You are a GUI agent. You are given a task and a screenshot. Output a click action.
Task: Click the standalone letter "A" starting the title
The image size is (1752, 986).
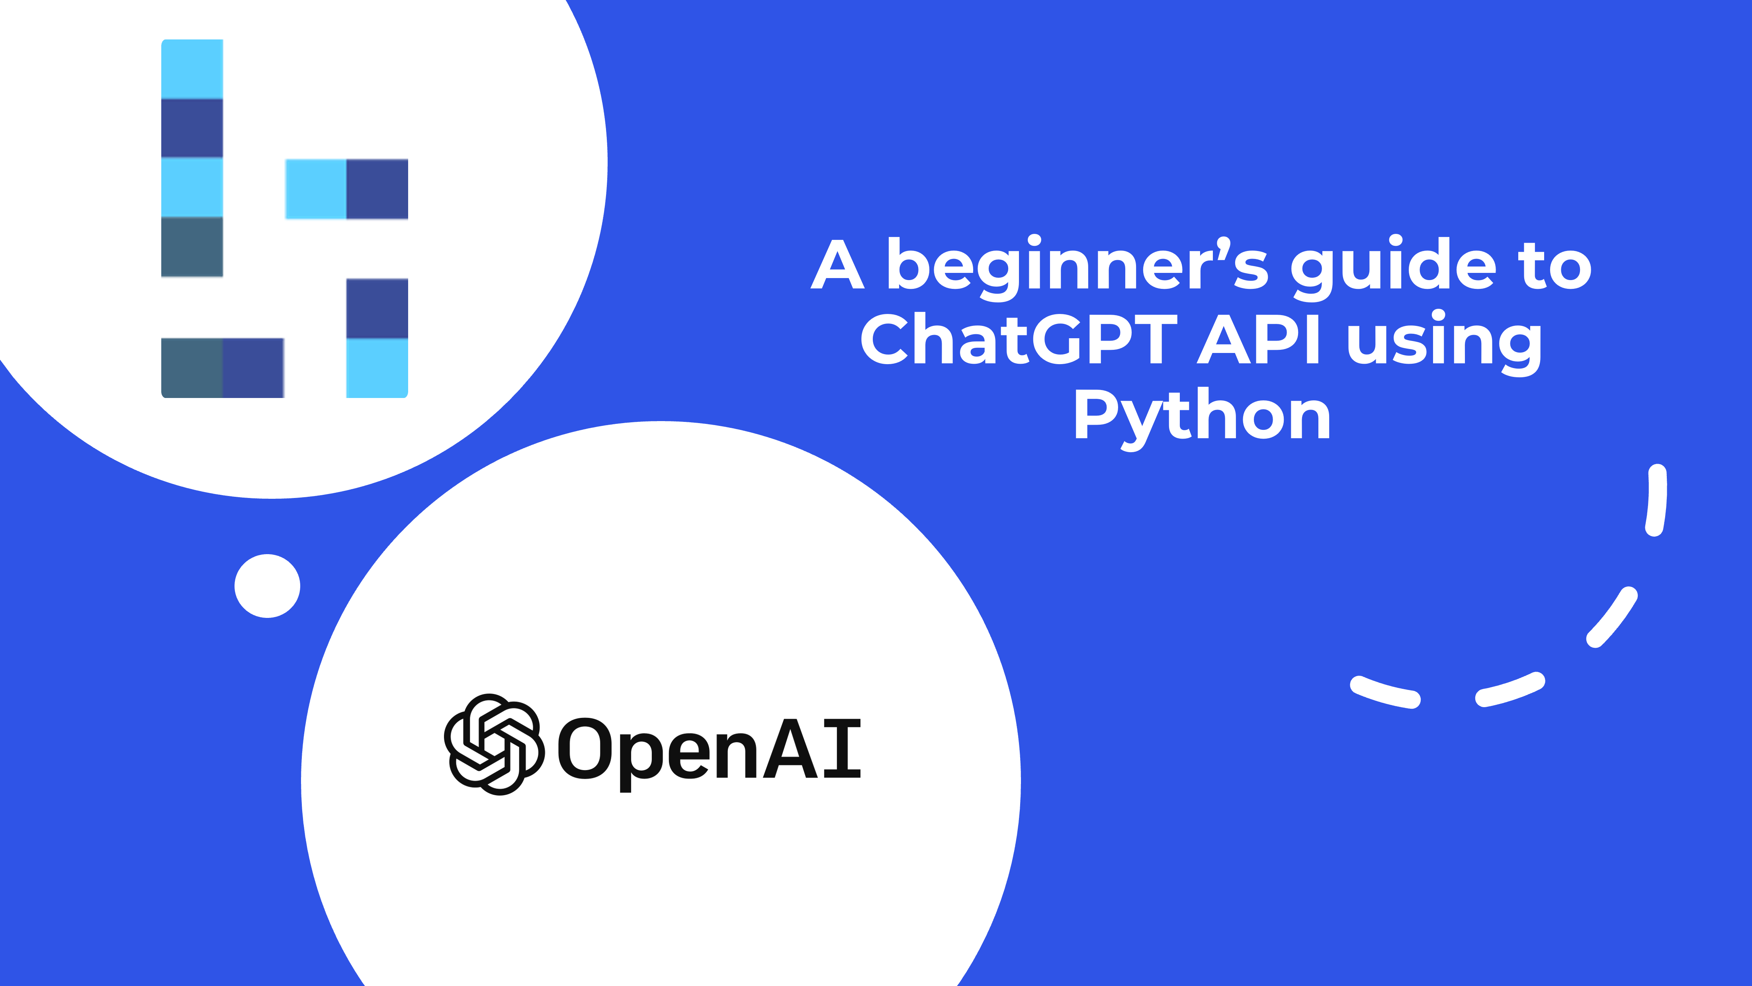click(838, 265)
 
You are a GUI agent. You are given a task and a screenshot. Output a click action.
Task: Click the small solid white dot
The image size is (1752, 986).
click(267, 586)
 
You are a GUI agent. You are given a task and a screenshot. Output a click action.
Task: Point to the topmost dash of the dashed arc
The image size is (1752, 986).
click(1656, 500)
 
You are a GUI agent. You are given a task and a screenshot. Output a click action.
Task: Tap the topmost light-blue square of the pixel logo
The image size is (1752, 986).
click(192, 69)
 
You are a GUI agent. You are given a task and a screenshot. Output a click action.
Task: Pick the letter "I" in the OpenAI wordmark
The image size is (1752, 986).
click(842, 749)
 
